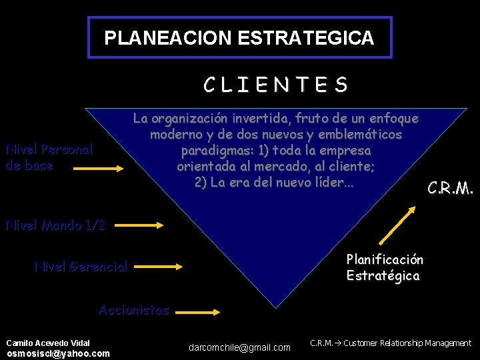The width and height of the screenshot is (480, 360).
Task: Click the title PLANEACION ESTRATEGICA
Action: pyautogui.click(x=239, y=38)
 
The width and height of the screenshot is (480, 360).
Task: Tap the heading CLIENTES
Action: pyautogui.click(x=275, y=85)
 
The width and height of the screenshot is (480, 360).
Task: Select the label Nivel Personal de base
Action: pyautogui.click(x=49, y=157)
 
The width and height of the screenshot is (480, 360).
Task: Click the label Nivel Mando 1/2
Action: pyautogui.click(x=55, y=225)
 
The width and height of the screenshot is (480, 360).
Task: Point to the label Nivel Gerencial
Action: pyautogui.click(x=81, y=267)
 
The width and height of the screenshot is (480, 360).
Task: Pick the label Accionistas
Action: pyautogui.click(x=133, y=309)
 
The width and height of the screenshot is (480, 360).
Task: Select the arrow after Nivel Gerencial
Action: pyautogui.click(x=159, y=267)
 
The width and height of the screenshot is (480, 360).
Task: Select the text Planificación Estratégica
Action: pyautogui.click(x=385, y=267)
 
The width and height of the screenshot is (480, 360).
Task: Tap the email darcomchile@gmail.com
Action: pyautogui.click(x=240, y=347)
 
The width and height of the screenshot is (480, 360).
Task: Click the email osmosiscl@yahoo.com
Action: pyautogui.click(x=58, y=353)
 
